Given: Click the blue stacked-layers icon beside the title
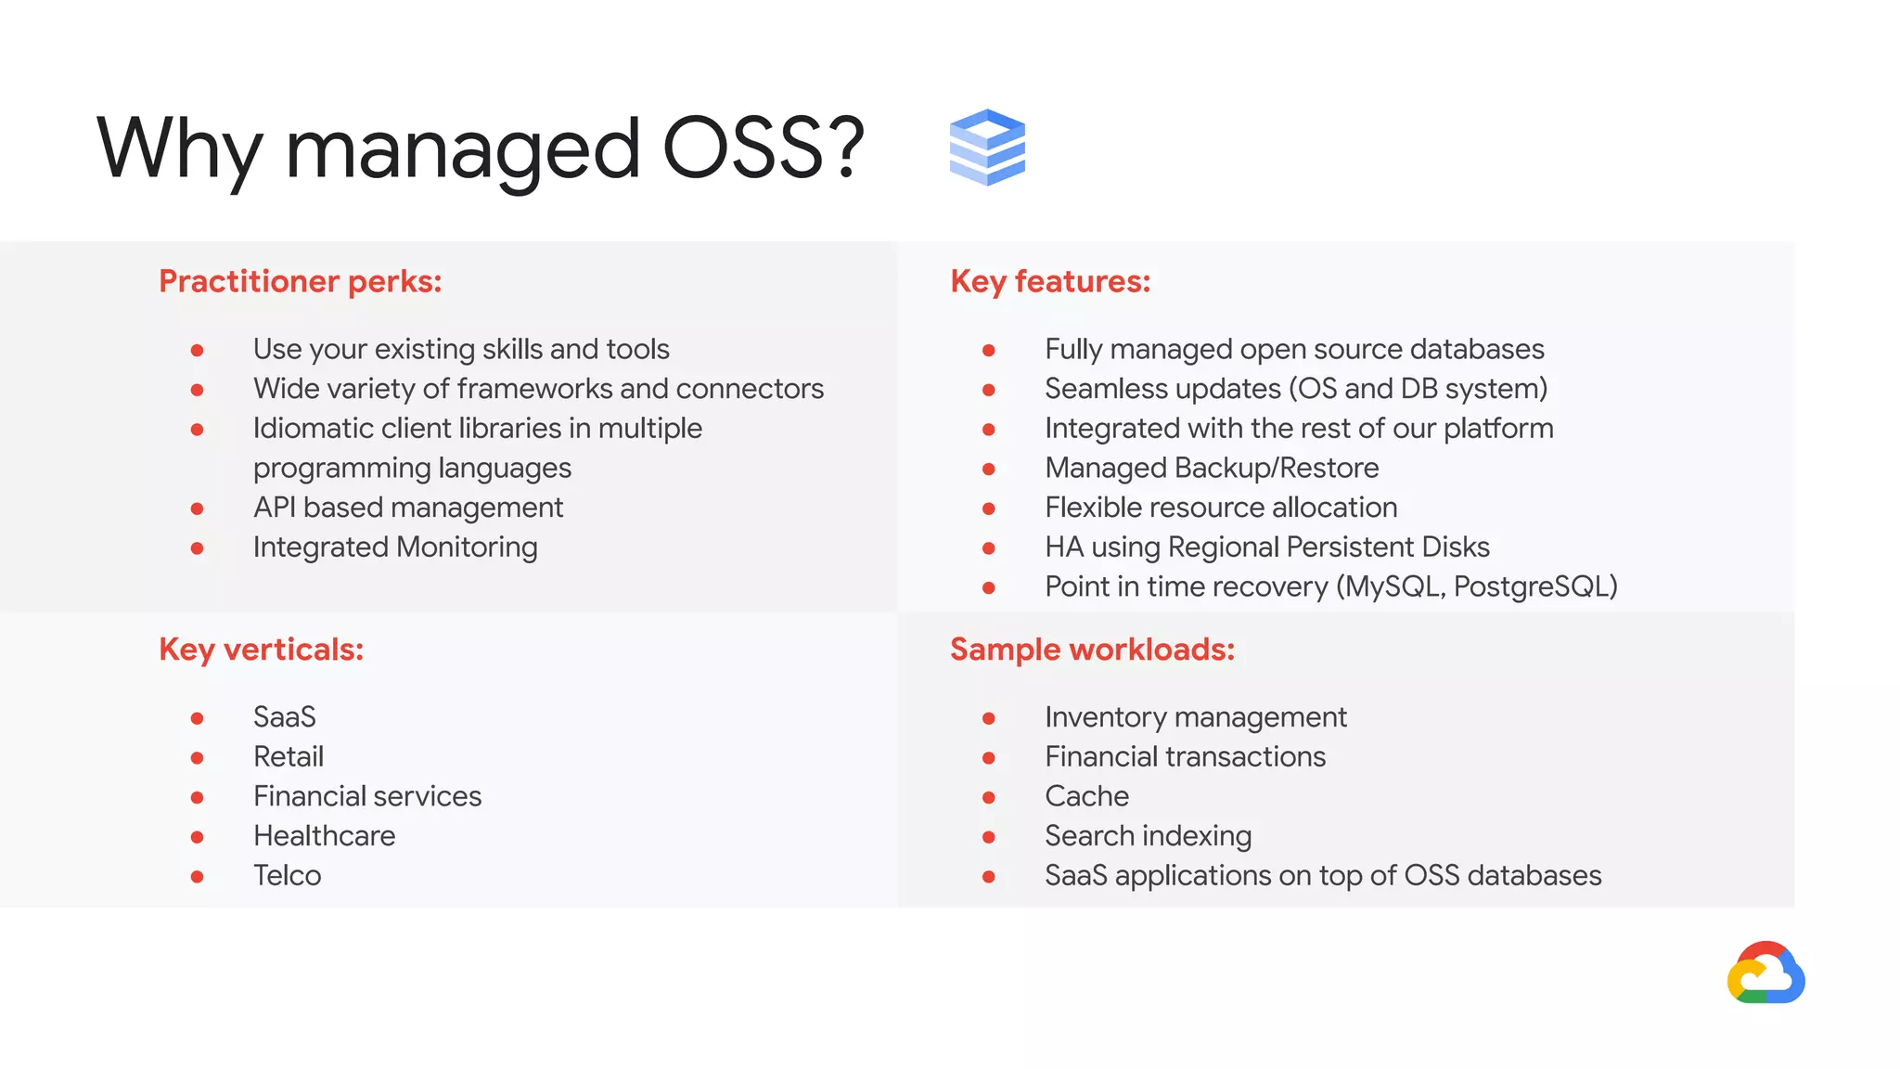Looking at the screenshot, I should (987, 148).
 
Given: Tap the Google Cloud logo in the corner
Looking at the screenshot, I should (1765, 973).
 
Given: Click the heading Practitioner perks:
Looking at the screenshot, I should (300, 281).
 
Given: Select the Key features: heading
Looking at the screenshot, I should (1050, 281).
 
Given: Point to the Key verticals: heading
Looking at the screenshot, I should (261, 650).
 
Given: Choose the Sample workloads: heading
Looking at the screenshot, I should (1092, 650).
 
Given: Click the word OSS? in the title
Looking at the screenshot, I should (763, 148).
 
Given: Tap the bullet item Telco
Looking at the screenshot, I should (287, 876).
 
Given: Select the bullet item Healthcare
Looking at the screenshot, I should (324, 836).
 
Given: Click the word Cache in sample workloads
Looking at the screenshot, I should (1086, 796).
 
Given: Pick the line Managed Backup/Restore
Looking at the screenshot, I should (1211, 468).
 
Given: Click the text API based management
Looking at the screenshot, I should (407, 508).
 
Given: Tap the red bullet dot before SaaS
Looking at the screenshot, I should (197, 718).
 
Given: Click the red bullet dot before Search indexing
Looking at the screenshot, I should (989, 837).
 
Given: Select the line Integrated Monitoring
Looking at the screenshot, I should (394, 547).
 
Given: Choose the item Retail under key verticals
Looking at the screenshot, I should (289, 757).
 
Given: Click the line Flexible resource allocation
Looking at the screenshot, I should (1220, 508).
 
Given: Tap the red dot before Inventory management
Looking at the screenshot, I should (989, 718).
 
